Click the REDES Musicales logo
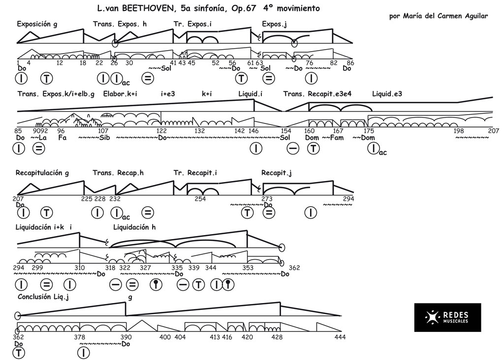[x=447, y=317]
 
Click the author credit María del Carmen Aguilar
[x=438, y=16]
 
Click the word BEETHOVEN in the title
[x=145, y=8]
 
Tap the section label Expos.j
[x=274, y=24]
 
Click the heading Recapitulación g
[x=42, y=173]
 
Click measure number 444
[x=340, y=337]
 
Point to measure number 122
[x=161, y=131]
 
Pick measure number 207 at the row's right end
[x=494, y=131]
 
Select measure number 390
[x=126, y=337]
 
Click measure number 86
[x=350, y=62]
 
